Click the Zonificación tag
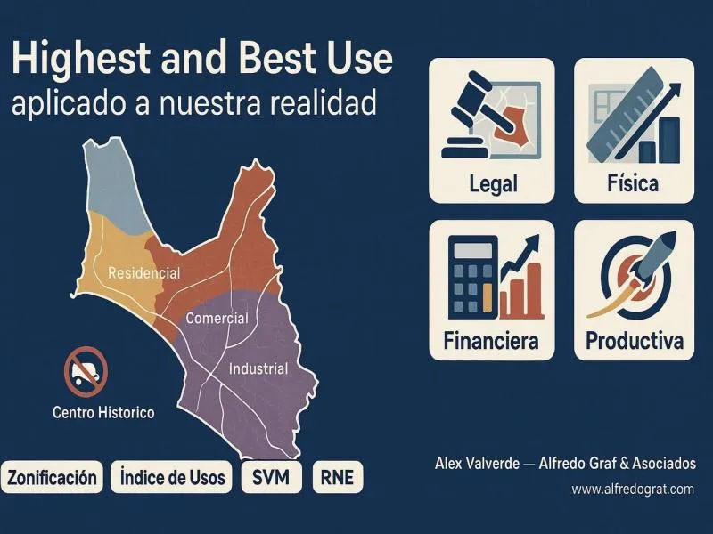[52, 477]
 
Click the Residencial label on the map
[143, 272]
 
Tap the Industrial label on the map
[258, 368]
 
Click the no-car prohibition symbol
[86, 369]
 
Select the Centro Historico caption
[103, 412]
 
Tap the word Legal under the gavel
[492, 185]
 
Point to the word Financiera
[490, 341]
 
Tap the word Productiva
[635, 341]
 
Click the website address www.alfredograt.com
[633, 489]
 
